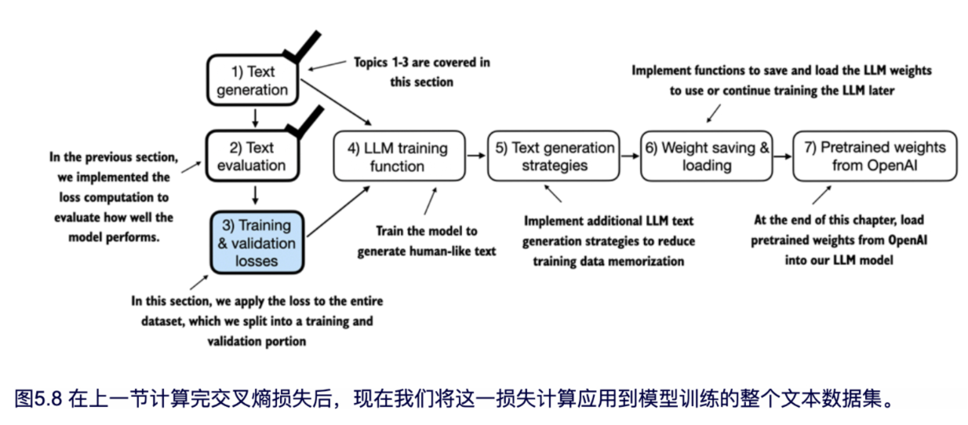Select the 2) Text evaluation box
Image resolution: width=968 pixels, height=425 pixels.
pos(253,156)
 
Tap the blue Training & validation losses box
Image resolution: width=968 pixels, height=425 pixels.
pos(257,242)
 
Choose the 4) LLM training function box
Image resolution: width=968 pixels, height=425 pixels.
pos(390,156)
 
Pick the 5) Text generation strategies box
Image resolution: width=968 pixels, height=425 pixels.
pos(551,156)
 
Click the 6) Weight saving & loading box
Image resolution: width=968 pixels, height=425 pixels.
pos(706,156)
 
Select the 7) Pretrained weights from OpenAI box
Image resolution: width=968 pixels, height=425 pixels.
pos(874,156)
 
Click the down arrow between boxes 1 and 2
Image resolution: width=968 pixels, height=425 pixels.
pos(253,117)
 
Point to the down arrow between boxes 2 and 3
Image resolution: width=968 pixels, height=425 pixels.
pos(253,193)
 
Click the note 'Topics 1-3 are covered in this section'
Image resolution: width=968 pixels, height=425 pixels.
pos(421,71)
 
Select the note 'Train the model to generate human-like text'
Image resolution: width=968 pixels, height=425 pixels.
pos(427,241)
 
